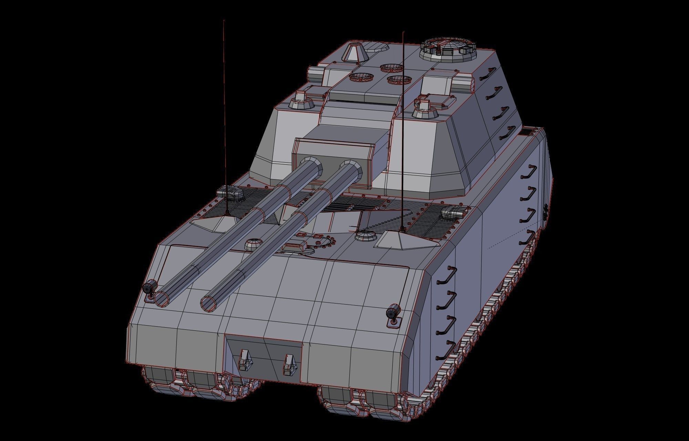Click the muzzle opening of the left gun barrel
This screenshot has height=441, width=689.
click(x=161, y=299)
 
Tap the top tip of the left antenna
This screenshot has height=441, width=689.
click(x=224, y=21)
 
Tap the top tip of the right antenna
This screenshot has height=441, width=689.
click(x=403, y=32)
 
